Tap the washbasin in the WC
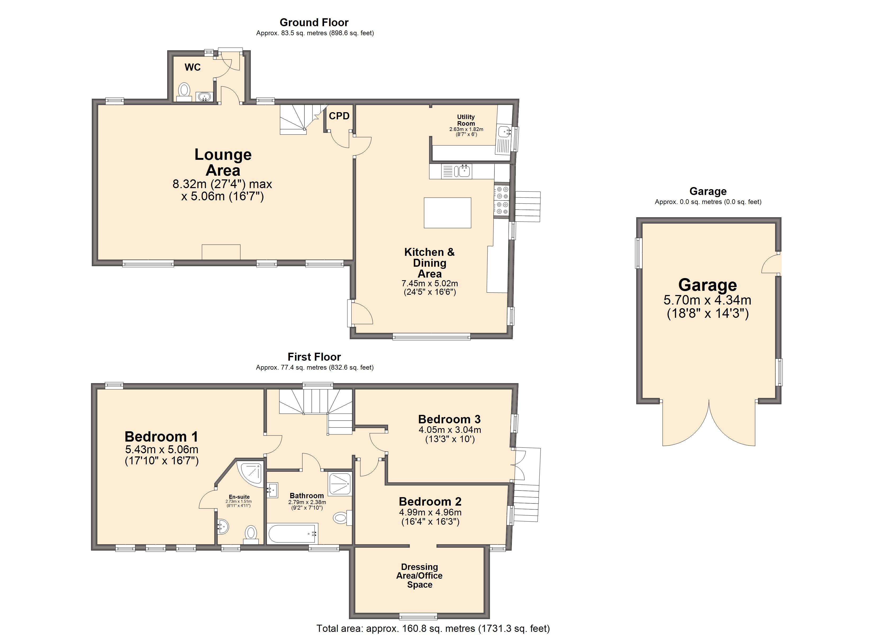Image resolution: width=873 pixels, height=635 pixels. (204, 96)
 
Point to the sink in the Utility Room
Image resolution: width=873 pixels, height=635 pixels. (504, 132)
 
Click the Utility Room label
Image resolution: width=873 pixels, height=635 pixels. (466, 120)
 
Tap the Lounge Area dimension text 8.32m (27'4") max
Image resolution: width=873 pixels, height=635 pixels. (222, 184)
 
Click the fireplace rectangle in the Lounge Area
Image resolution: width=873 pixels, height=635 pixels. (221, 252)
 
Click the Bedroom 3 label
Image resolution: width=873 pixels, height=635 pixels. (449, 419)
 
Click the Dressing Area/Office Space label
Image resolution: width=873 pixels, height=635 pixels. (420, 576)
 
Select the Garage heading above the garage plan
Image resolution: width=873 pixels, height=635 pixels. (708, 191)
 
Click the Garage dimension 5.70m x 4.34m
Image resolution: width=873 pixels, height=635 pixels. (707, 300)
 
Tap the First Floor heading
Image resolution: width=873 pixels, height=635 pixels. (314, 357)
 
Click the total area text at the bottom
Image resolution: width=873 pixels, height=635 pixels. (433, 628)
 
